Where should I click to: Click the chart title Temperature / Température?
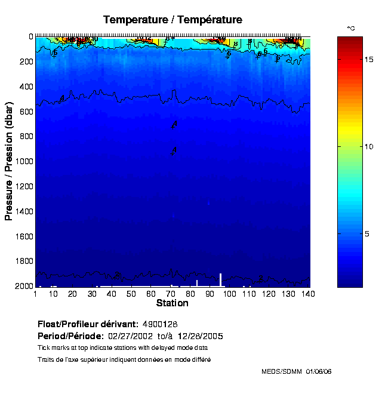click(x=173, y=20)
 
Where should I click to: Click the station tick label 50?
click(x=131, y=294)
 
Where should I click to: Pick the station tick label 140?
click(x=309, y=294)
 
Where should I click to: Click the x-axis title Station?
click(x=172, y=303)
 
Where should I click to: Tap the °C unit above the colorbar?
click(x=351, y=28)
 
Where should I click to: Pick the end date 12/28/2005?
click(x=215, y=336)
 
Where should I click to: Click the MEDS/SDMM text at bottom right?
click(x=282, y=371)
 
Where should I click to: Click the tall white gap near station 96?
click(x=220, y=280)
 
